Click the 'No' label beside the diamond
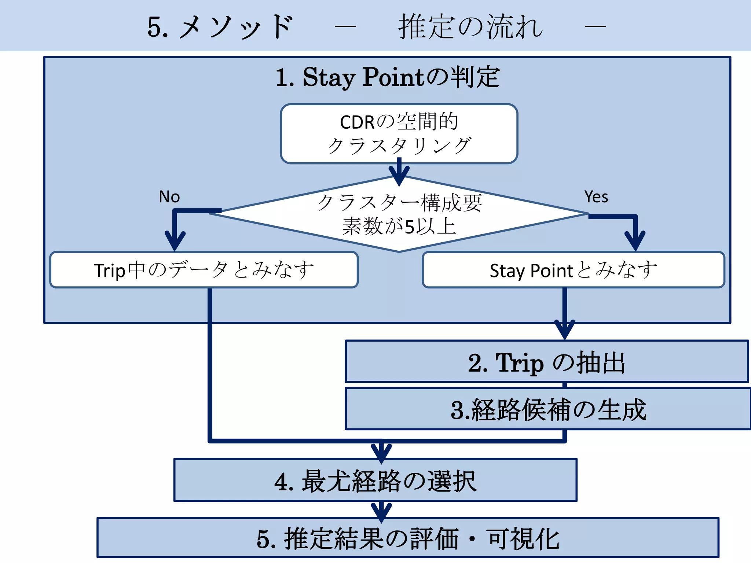point(169,197)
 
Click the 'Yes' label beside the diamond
point(596,197)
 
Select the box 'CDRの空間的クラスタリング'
point(399,134)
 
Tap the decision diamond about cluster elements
point(399,214)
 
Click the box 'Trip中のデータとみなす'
point(204,270)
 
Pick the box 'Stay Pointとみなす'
point(573,270)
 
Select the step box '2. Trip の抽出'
point(546,362)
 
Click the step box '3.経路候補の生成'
point(548,409)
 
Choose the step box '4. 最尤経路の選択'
point(375,480)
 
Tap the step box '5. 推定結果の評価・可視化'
point(407,538)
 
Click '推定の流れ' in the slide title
point(470,26)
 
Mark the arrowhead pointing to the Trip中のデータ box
point(175,242)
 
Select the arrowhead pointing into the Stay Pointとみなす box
point(635,242)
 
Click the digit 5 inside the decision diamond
point(410,227)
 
